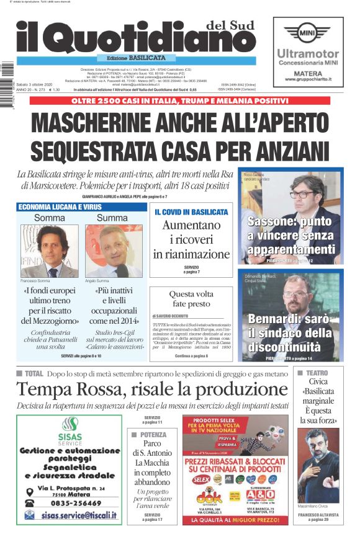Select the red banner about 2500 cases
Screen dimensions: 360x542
tap(179, 100)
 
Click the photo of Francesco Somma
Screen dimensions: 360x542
tap(49, 251)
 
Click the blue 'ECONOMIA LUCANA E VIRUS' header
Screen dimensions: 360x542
tap(60, 207)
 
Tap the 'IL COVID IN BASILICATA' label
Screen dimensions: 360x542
tap(191, 212)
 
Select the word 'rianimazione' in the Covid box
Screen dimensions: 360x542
tap(191, 254)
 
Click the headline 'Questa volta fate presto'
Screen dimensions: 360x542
tap(191, 300)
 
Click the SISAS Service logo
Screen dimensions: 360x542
tap(69, 429)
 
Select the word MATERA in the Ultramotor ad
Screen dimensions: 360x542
tap(308, 73)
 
